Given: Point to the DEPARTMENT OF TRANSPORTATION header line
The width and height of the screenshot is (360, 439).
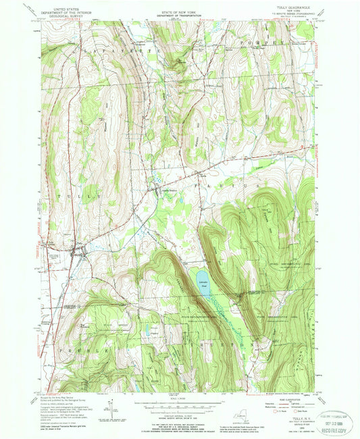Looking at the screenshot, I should [179, 15].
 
